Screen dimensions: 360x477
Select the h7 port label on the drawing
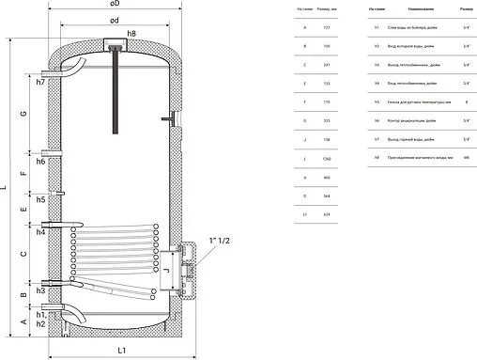(x=40, y=82)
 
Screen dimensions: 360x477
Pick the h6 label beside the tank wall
(x=40, y=162)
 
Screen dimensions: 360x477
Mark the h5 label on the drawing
(x=40, y=199)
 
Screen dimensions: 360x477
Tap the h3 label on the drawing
(x=40, y=290)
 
